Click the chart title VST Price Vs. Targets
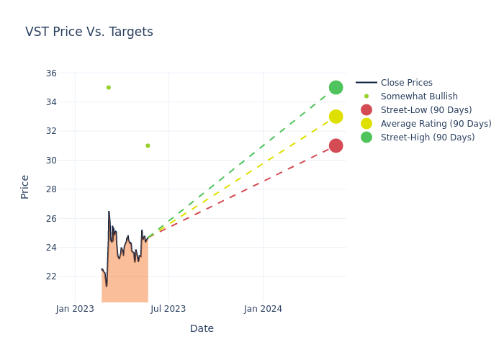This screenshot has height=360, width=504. click(89, 32)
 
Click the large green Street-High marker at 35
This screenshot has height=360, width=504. click(336, 87)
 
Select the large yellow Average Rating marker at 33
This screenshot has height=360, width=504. click(336, 117)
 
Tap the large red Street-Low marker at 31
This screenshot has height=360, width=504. click(336, 145)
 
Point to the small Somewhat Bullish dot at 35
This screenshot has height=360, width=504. click(109, 88)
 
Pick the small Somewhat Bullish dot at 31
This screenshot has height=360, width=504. click(148, 145)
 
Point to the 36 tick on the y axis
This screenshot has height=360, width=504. click(51, 73)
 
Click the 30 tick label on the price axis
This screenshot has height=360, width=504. click(51, 161)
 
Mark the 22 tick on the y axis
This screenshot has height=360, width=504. click(51, 276)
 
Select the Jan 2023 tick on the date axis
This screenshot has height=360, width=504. click(75, 309)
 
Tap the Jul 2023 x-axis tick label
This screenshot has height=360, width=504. click(168, 309)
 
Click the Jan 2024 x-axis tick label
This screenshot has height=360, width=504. click(263, 309)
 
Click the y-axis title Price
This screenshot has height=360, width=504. click(25, 186)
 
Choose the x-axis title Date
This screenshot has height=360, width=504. click(202, 329)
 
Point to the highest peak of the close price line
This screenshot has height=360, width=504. click(109, 212)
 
